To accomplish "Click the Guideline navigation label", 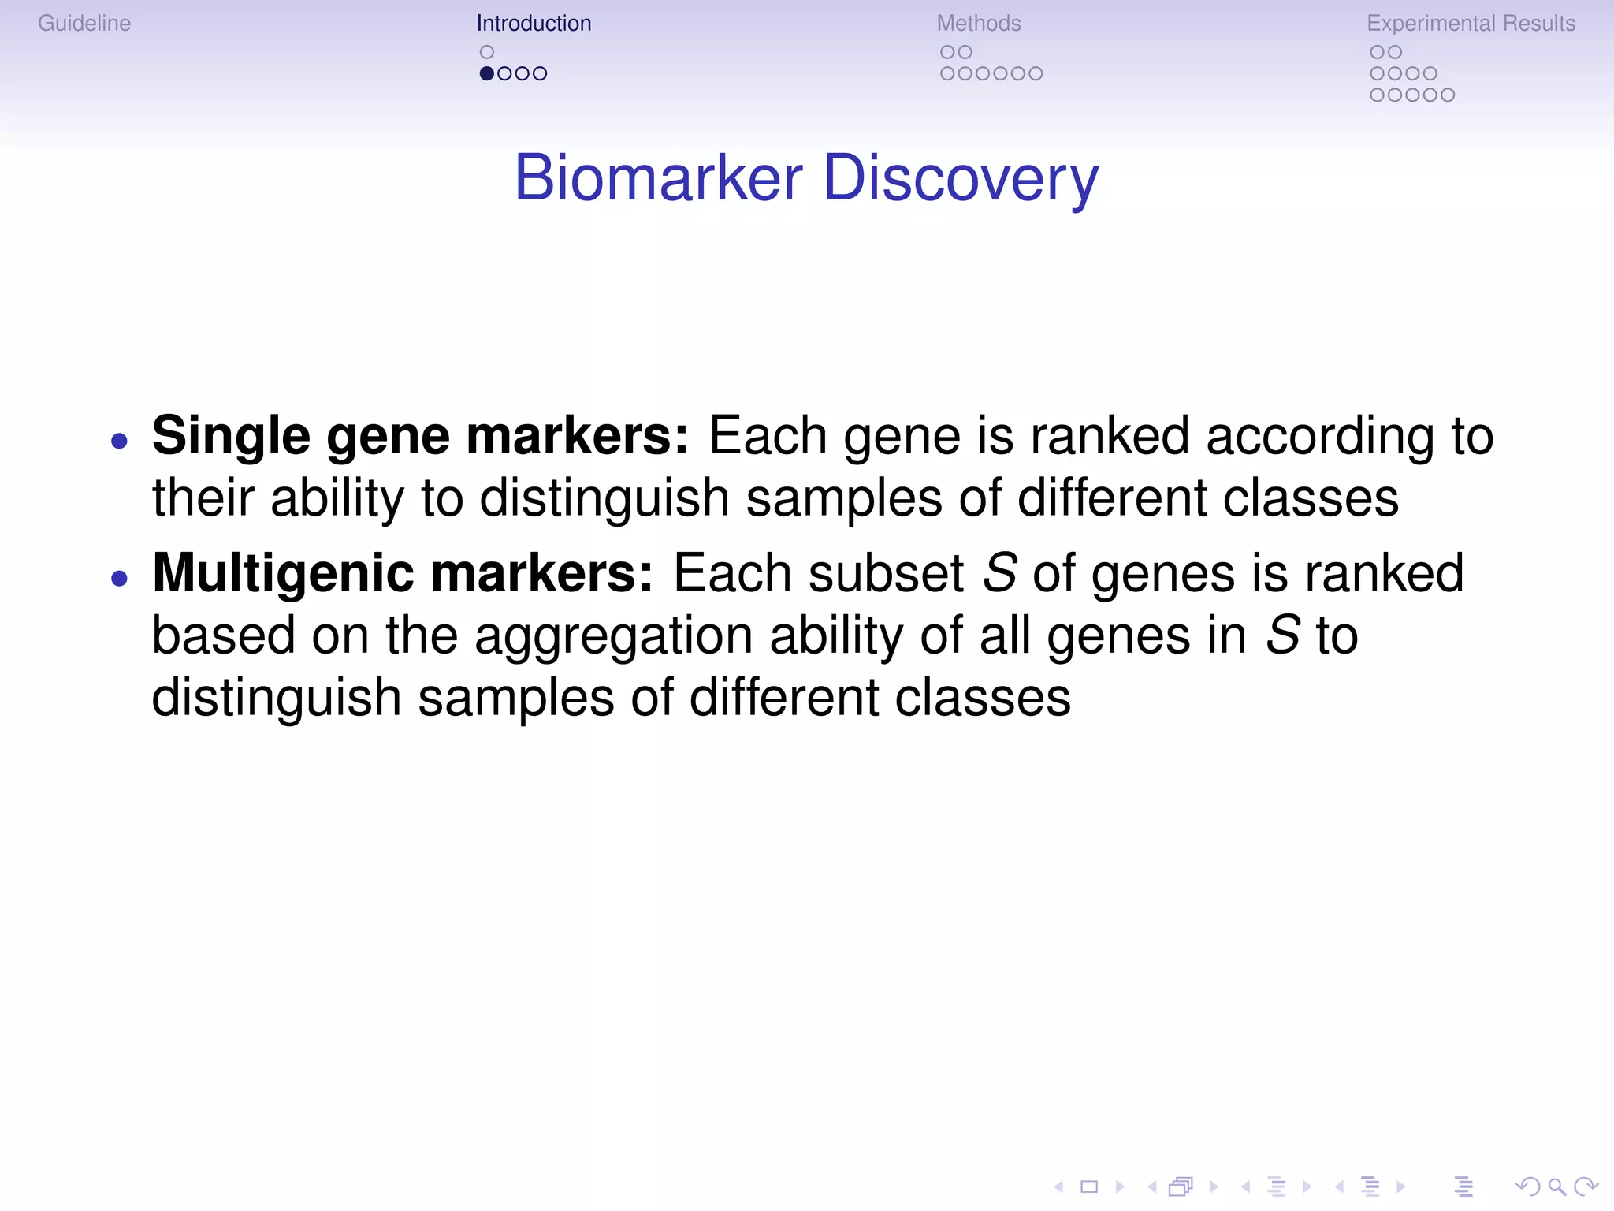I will click(84, 24).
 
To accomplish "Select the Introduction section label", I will click(534, 24).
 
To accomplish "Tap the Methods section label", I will click(979, 24).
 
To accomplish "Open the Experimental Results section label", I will click(1471, 24).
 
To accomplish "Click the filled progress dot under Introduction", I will click(487, 73).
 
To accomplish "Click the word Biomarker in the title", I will click(659, 178).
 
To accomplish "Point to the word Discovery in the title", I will click(961, 178).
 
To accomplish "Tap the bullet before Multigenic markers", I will click(120, 579).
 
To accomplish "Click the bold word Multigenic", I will click(282, 573).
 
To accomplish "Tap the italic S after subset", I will click(1000, 573).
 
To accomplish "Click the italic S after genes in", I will click(1282, 636).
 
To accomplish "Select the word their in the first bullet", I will click(203, 498).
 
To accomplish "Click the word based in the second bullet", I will click(222, 636).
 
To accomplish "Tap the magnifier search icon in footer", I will click(1556, 1187).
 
